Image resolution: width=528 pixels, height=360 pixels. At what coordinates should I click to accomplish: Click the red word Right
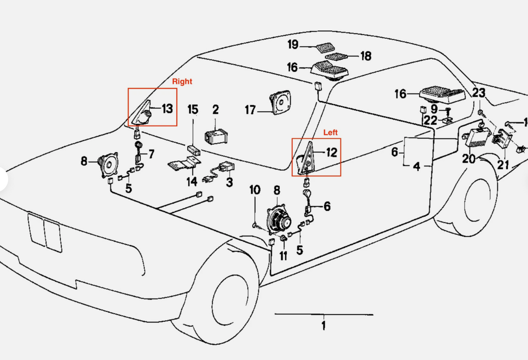click(x=182, y=81)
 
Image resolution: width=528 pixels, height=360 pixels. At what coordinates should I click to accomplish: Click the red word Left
click(x=330, y=132)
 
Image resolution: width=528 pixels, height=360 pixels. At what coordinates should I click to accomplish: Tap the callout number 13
click(x=167, y=109)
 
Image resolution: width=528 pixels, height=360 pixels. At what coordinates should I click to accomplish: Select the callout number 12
click(x=332, y=153)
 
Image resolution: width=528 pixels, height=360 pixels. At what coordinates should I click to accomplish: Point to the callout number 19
click(x=293, y=44)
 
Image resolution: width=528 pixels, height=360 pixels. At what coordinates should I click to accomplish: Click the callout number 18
click(x=366, y=56)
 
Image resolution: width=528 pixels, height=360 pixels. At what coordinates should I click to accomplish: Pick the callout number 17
click(x=250, y=110)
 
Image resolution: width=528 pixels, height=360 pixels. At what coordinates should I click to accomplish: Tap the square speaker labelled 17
click(x=280, y=102)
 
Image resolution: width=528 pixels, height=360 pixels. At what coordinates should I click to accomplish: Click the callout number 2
click(x=216, y=110)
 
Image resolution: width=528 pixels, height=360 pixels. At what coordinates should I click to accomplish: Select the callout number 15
click(x=193, y=110)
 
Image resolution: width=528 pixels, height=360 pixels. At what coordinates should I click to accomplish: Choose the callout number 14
click(x=192, y=181)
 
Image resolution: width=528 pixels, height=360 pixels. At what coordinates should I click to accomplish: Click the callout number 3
click(x=229, y=182)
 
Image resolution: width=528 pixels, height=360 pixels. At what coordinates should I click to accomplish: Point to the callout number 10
click(x=255, y=190)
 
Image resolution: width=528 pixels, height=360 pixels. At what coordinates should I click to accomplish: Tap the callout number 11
click(x=283, y=256)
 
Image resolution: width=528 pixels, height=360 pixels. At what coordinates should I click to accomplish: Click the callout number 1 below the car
click(x=324, y=325)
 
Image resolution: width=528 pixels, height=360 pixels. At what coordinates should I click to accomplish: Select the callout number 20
click(x=469, y=159)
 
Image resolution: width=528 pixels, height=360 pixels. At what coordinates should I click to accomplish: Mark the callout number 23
click(x=479, y=93)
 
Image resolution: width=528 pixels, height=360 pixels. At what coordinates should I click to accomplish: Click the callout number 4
click(x=417, y=166)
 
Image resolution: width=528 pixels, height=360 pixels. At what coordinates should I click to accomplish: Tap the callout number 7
click(x=151, y=154)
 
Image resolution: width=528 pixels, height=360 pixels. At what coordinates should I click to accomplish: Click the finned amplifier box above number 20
click(x=478, y=138)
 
